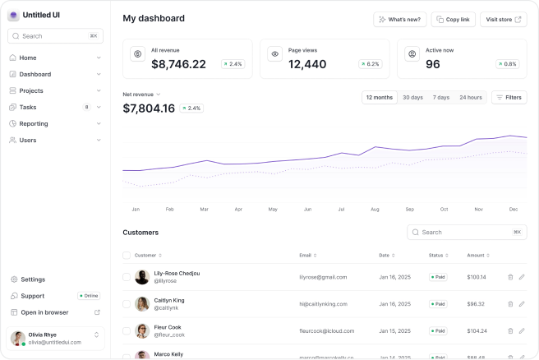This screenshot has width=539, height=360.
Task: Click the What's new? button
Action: tap(400, 19)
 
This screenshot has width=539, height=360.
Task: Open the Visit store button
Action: tap(503, 19)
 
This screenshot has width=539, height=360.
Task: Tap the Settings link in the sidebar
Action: tap(33, 279)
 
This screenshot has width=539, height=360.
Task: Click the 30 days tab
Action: tap(412, 97)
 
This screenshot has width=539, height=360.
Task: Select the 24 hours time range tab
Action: tap(470, 97)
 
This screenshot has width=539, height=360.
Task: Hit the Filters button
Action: tap(509, 97)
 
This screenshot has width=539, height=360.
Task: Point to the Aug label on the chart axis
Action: tap(375, 210)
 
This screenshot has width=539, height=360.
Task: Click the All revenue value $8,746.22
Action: tap(178, 64)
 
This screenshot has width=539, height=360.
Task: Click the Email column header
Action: tap(307, 255)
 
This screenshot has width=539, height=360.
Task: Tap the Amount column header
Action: tap(478, 255)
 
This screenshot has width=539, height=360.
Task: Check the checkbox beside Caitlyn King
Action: tap(127, 304)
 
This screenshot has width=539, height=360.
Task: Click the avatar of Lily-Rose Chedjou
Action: tap(142, 277)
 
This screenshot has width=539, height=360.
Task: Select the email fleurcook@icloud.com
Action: tap(327, 330)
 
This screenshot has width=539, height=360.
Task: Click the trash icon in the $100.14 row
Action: tap(510, 277)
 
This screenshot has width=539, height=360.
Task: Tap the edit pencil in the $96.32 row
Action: tap(522, 304)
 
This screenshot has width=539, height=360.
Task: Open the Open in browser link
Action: tap(44, 312)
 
